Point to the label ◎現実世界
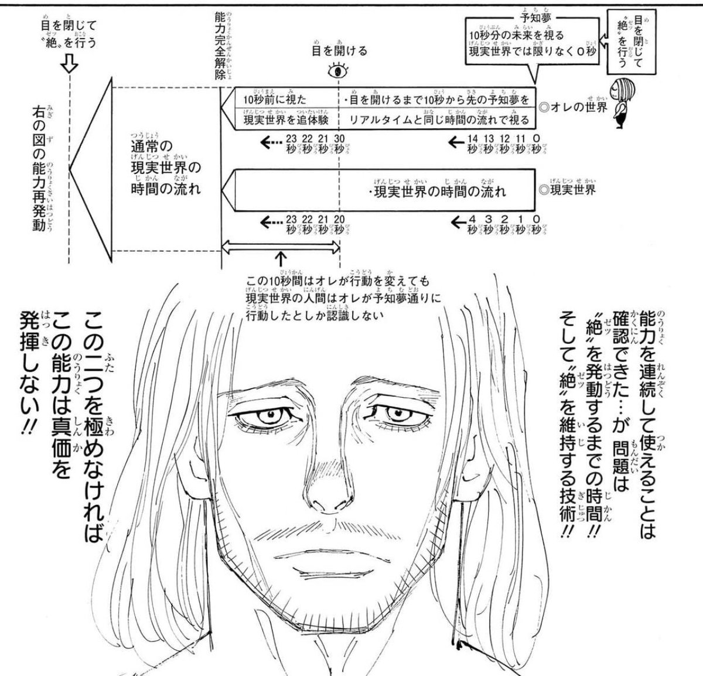coord(568,190)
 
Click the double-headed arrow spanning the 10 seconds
coord(281,247)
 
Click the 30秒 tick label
coord(339,144)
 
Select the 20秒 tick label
coord(339,223)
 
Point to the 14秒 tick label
coord(473,144)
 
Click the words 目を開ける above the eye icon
coord(339,52)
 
